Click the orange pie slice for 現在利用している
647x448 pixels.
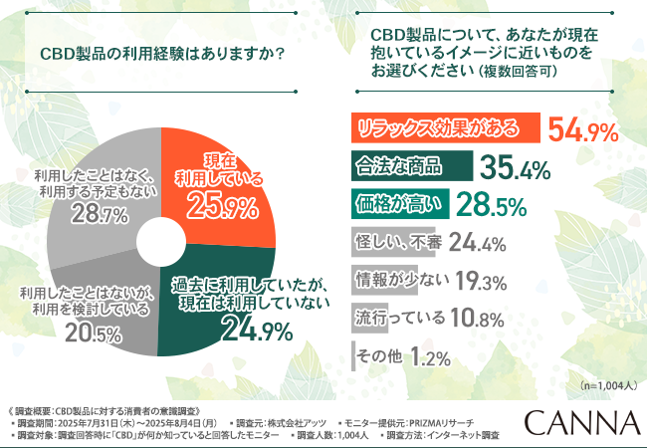[214, 189]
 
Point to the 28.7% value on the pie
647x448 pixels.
[95, 212]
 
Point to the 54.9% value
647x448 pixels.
[583, 130]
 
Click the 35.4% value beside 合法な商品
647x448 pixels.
[515, 168]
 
